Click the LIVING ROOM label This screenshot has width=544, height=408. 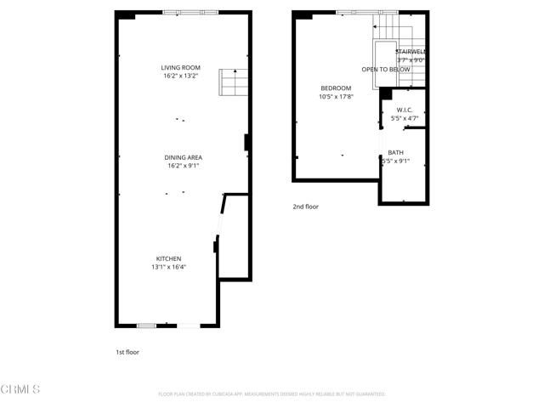tap(180, 67)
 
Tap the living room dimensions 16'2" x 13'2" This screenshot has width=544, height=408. tap(180, 76)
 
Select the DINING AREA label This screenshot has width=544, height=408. tap(183, 157)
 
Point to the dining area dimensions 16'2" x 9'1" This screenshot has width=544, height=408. tap(183, 166)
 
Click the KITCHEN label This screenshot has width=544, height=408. tap(168, 258)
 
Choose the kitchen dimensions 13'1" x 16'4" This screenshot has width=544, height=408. tap(168, 267)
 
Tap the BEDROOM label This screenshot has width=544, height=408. tap(336, 88)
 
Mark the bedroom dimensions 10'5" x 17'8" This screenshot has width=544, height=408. tap(336, 97)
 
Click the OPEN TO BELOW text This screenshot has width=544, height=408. tap(386, 69)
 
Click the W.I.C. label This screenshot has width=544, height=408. tap(403, 110)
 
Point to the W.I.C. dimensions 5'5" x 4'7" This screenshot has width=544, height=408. tap(403, 118)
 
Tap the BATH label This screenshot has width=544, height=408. tap(396, 152)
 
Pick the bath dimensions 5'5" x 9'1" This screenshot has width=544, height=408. tap(396, 161)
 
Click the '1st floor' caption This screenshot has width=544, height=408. tap(127, 351)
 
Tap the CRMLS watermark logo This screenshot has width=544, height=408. tap(20, 389)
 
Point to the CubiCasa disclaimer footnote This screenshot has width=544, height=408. tap(272, 394)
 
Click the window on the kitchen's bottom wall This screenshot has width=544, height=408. tap(146, 326)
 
